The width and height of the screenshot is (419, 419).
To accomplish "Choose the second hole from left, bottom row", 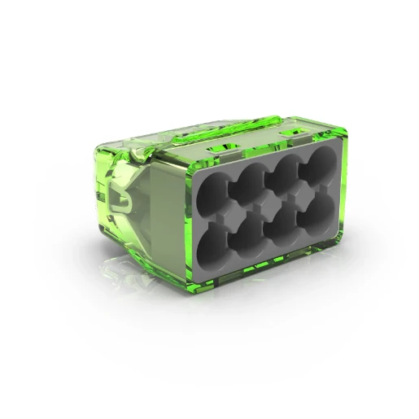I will pyautogui.click(x=246, y=238).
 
